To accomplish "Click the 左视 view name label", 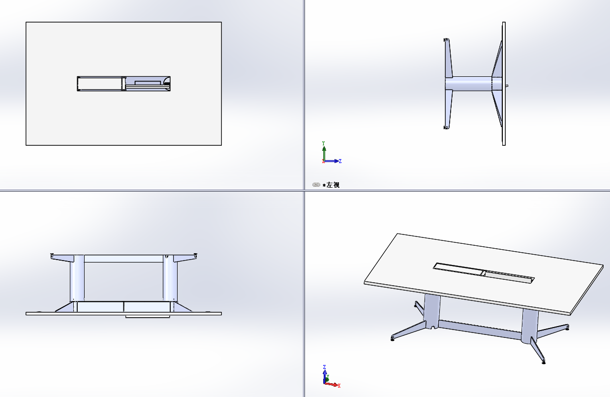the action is point(333,185).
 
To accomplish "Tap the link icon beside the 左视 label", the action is point(316,185).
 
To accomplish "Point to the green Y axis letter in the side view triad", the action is point(324,143).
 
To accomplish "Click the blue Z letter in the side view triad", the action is point(340,161).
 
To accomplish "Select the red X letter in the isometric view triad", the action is point(339,386).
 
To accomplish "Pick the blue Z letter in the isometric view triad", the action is point(324,367).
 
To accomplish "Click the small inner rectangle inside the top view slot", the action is point(148,83).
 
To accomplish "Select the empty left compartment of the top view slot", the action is point(100,84).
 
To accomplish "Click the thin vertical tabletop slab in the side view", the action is point(504,84).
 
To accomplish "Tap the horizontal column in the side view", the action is point(468,83).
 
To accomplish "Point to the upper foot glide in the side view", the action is point(446,40).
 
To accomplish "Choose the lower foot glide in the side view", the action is point(446,128).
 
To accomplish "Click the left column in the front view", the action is point(77,278).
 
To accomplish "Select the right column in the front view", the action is point(170,278).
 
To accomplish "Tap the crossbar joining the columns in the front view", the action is point(123,259).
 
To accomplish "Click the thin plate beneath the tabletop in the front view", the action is point(148,317).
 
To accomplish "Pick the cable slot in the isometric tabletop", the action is point(484,273).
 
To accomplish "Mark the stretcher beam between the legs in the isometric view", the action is point(480,330).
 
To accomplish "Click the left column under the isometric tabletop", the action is point(431,311).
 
